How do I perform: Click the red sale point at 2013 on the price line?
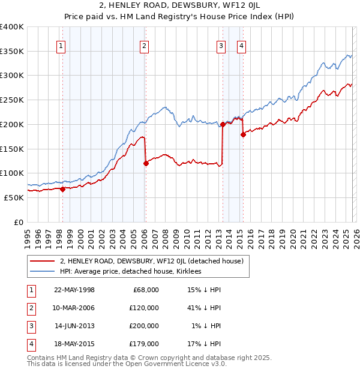tap(223, 125)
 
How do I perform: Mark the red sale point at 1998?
tap(63, 189)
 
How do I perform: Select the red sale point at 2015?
tap(243, 135)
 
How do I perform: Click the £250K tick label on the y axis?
tap(12, 100)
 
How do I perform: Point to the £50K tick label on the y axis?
tap(14, 197)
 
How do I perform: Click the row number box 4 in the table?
tap(31, 344)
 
